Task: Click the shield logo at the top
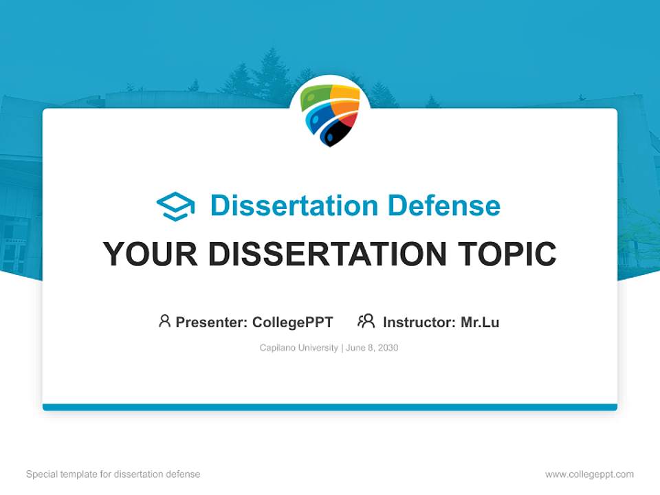[x=330, y=114]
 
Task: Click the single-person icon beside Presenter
[x=164, y=321]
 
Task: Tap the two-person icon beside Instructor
[x=366, y=321]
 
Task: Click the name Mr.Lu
[x=480, y=322]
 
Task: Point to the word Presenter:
[x=212, y=322]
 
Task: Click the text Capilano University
[x=298, y=348]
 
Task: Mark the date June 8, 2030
[x=372, y=348]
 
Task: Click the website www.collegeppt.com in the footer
[x=589, y=474]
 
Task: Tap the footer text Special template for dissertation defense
[x=113, y=474]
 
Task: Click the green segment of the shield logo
[x=315, y=96]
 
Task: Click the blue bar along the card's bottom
[x=330, y=407]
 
